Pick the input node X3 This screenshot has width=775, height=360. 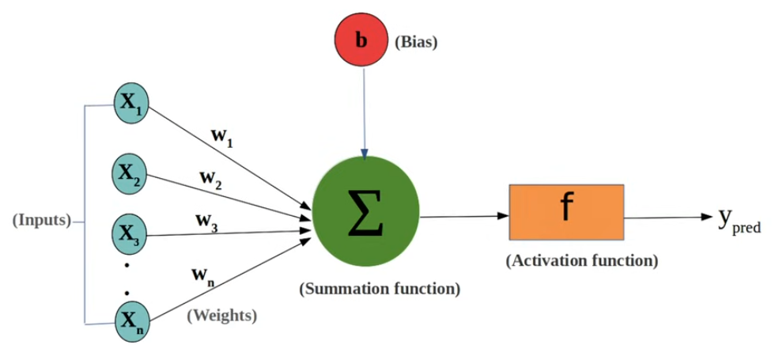130,233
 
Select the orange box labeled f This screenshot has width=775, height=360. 566,210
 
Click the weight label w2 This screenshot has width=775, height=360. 210,179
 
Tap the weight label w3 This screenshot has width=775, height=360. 207,221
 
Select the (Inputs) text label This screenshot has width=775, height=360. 42,220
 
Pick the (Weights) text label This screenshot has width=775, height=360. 221,316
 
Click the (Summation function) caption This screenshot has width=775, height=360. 380,289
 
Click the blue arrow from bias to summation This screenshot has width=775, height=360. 363,111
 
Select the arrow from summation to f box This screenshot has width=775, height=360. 463,215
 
